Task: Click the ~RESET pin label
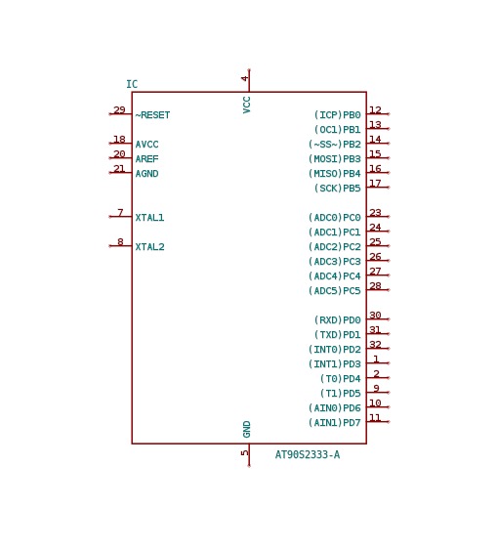[x=152, y=115]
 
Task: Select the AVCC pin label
[x=146, y=145]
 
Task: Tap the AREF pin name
[x=146, y=159]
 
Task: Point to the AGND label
[x=146, y=174]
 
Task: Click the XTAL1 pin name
[x=149, y=218]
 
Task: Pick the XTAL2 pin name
[x=149, y=247]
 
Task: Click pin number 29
[x=119, y=109]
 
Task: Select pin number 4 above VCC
[x=245, y=78]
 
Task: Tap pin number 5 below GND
[x=245, y=453]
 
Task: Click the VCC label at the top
[x=247, y=105]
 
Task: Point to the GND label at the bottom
[x=247, y=429]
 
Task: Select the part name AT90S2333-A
[x=308, y=455]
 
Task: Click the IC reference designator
[x=132, y=84]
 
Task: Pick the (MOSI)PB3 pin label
[x=335, y=159]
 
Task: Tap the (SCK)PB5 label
[x=338, y=189]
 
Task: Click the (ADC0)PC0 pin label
[x=335, y=218]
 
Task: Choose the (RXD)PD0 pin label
[x=338, y=319]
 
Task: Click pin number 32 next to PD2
[x=375, y=344]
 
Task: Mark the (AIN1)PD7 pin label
[x=335, y=423]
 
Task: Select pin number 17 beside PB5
[x=375, y=183]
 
